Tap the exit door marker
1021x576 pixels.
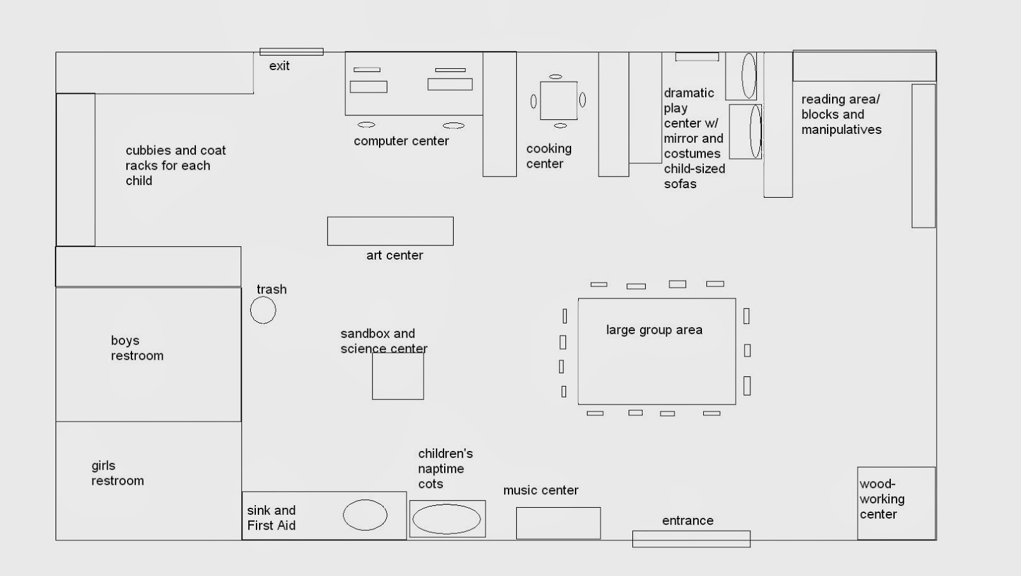(x=292, y=52)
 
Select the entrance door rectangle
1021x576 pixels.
(x=692, y=538)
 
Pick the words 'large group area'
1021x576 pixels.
(x=654, y=330)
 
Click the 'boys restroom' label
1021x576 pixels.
(x=137, y=348)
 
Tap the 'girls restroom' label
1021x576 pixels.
(x=117, y=473)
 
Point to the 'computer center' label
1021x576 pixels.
(x=401, y=141)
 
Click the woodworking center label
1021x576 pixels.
(x=882, y=499)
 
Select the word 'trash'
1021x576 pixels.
(x=272, y=290)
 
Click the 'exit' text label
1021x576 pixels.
(x=279, y=66)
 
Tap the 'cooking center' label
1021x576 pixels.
(x=549, y=156)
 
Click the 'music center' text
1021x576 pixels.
(x=540, y=491)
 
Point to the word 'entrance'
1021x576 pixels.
(x=688, y=521)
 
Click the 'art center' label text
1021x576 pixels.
(x=395, y=255)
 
